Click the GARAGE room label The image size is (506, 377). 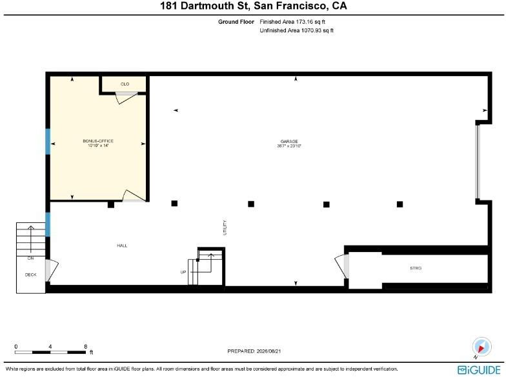click(289, 142)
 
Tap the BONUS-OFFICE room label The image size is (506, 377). click(98, 141)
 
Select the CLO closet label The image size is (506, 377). click(125, 84)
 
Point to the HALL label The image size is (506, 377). click(122, 246)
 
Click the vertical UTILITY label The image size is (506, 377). click(225, 227)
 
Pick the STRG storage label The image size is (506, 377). click(416, 268)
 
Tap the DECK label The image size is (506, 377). click(31, 275)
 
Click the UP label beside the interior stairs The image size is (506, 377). click(183, 272)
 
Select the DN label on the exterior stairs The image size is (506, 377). click(31, 258)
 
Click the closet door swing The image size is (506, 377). click(126, 97)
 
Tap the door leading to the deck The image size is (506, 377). click(52, 270)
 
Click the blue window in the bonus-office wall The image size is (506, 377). click(48, 142)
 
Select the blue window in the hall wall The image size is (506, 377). click(48, 224)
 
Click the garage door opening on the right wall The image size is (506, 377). click(478, 161)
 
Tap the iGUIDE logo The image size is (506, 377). click(479, 370)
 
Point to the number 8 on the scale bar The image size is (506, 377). click(85, 347)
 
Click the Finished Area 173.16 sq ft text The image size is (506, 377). click(292, 22)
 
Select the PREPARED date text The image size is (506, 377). click(254, 351)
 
